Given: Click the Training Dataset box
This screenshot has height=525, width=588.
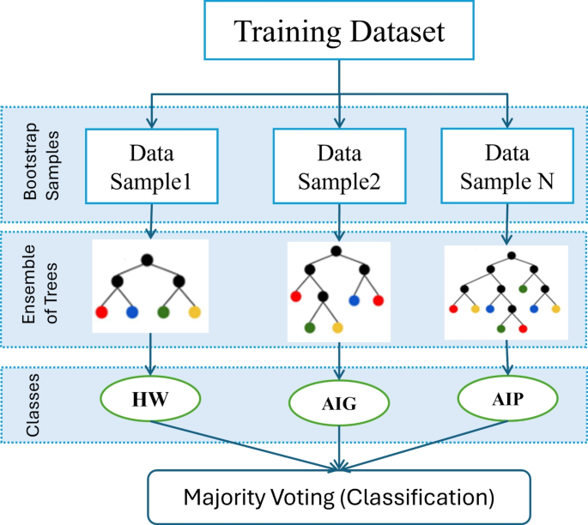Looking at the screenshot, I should click(x=341, y=33).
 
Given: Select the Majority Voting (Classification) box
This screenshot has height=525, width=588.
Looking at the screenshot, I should click(x=340, y=496).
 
